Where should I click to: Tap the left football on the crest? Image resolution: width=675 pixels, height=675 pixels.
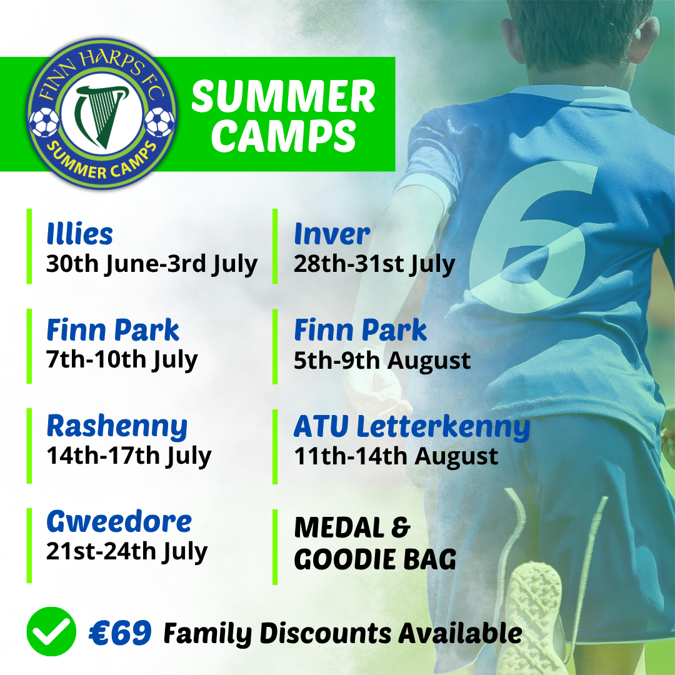[44, 122]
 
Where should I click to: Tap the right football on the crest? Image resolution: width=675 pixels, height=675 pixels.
[159, 122]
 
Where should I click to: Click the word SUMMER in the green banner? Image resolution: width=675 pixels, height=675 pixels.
[284, 96]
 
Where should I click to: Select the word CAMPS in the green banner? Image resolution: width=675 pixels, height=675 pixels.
[284, 136]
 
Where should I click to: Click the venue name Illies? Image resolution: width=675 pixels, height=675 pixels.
[79, 234]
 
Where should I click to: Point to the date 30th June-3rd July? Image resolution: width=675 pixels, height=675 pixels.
[151, 264]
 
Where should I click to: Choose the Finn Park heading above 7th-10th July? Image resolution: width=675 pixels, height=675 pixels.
[112, 330]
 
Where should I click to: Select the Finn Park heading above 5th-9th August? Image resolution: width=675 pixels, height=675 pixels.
[361, 330]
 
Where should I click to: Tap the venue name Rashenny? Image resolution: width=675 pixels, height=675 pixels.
[117, 427]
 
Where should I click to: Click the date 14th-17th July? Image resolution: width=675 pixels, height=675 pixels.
[129, 456]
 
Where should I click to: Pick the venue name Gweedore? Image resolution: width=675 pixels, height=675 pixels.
[119, 521]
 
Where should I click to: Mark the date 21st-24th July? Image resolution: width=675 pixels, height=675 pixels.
[127, 551]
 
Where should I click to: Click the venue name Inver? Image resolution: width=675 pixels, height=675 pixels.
[332, 234]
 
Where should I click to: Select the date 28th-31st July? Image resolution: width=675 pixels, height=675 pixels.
[374, 264]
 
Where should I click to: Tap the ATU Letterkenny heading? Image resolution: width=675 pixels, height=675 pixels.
[412, 426]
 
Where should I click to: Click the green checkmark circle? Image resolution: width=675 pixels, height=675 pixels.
[51, 631]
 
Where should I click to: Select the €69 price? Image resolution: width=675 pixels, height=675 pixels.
[120, 632]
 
